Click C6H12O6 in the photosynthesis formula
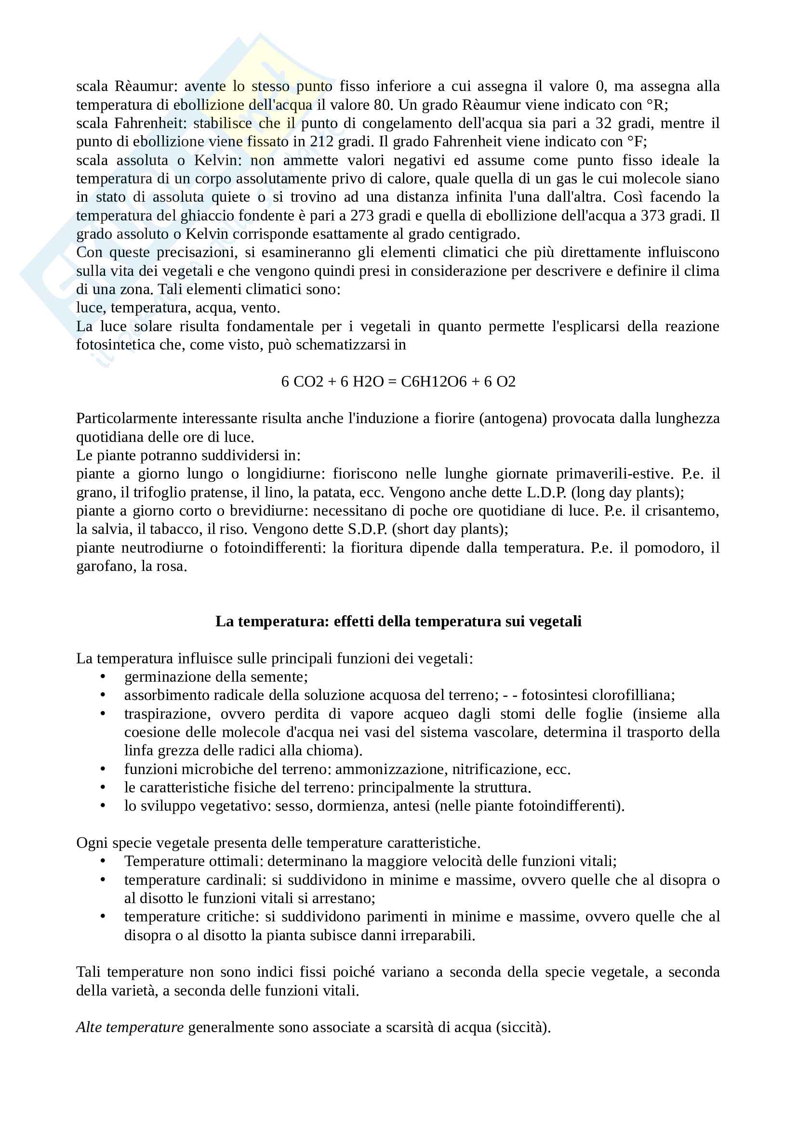click(433, 382)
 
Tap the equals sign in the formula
click(392, 382)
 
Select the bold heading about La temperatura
click(398, 621)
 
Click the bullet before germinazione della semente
click(103, 677)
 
